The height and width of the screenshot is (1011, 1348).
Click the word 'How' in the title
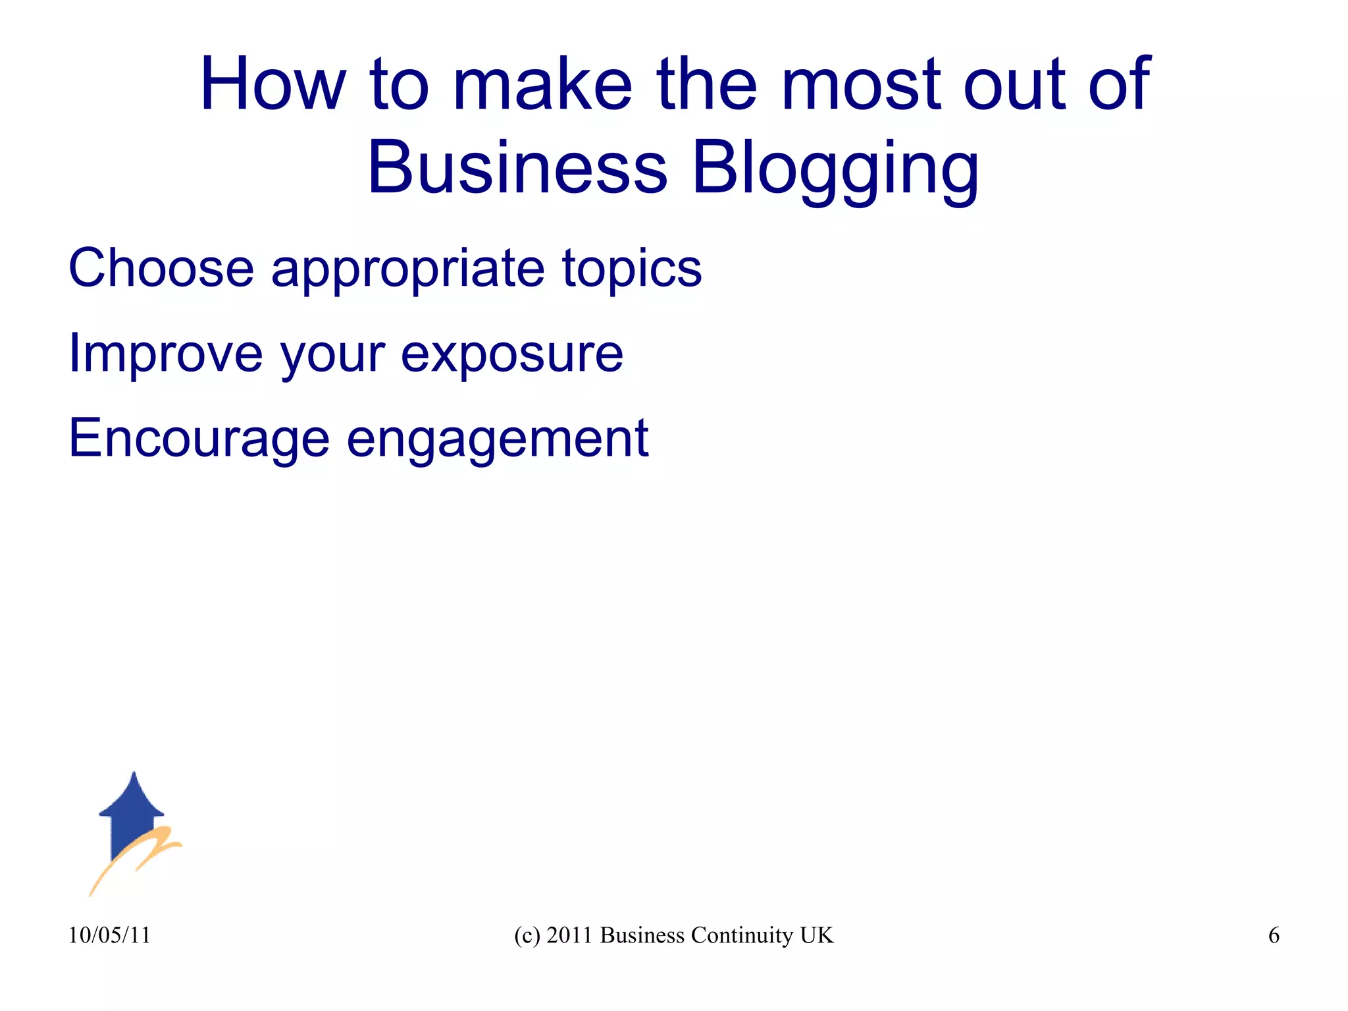(272, 84)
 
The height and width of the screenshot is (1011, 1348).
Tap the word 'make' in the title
(542, 84)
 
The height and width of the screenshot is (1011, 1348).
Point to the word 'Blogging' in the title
(835, 170)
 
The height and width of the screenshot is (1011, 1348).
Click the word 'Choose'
(161, 268)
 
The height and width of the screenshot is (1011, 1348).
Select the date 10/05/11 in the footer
(109, 935)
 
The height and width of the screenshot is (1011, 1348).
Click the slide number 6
(1274, 935)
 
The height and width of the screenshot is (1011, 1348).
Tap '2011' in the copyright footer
(570, 935)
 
